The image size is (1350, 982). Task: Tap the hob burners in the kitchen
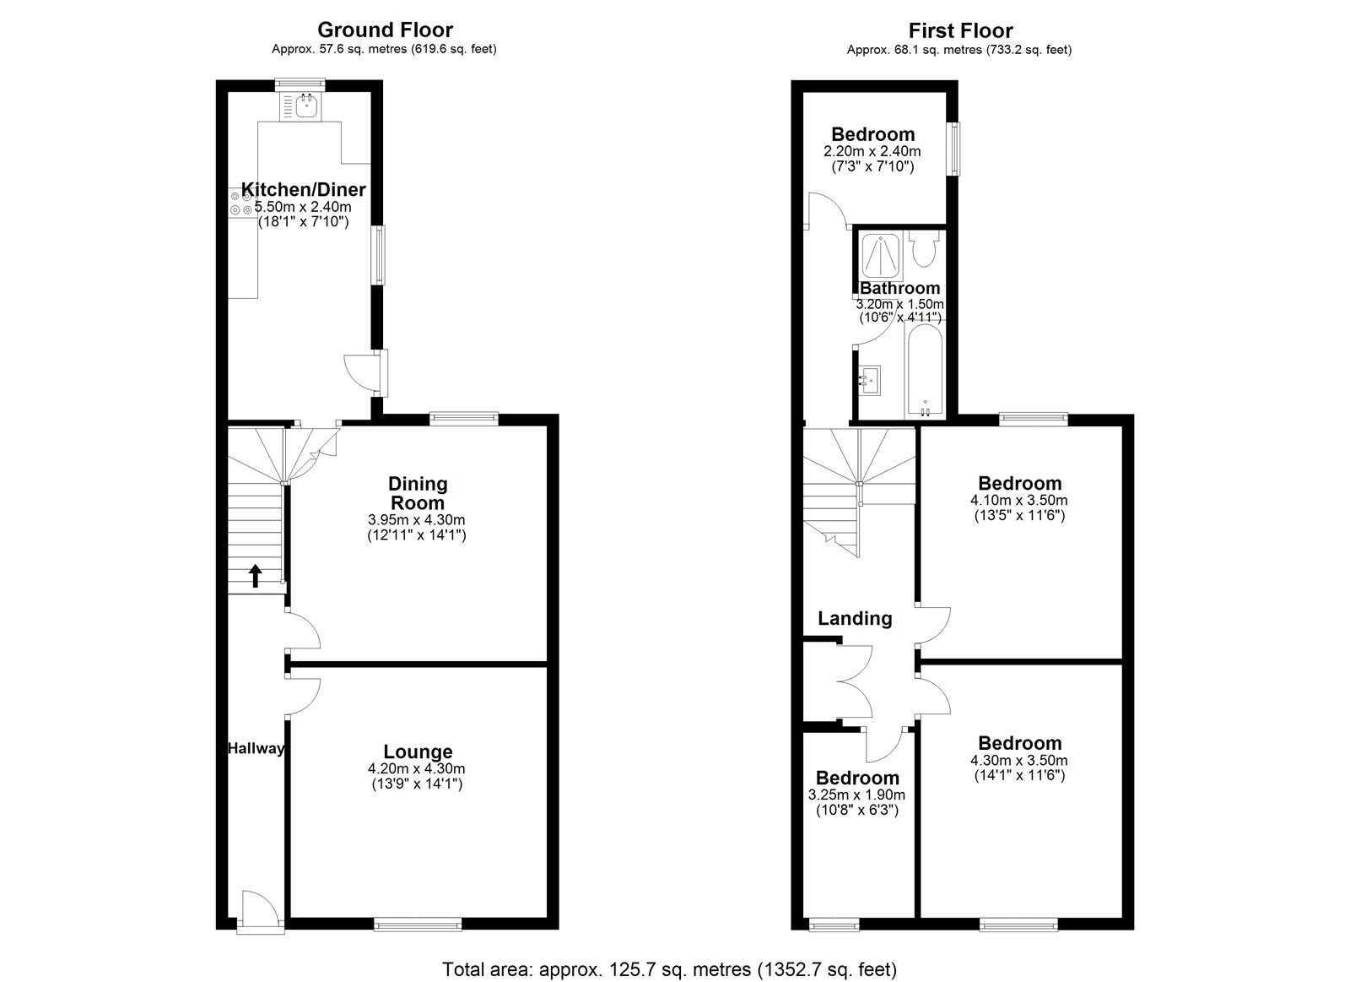(240, 203)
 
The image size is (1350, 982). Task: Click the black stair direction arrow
(255, 575)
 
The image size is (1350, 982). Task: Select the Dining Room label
(418, 493)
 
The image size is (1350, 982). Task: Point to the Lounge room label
(418, 751)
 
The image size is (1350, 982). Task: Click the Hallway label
(256, 748)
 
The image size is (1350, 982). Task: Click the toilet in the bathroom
(924, 250)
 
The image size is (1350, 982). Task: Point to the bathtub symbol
(926, 372)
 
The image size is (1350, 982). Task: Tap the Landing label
(855, 619)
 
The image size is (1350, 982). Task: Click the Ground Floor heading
(385, 30)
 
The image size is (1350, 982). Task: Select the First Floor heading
(960, 31)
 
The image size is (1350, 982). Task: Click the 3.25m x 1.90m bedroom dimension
(856, 795)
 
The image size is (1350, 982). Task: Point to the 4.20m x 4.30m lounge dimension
(417, 768)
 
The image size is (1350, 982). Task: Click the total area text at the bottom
(669, 969)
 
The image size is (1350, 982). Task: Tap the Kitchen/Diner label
(303, 189)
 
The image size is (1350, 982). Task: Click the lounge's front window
(418, 925)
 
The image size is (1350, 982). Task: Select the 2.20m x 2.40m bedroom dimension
(872, 151)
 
